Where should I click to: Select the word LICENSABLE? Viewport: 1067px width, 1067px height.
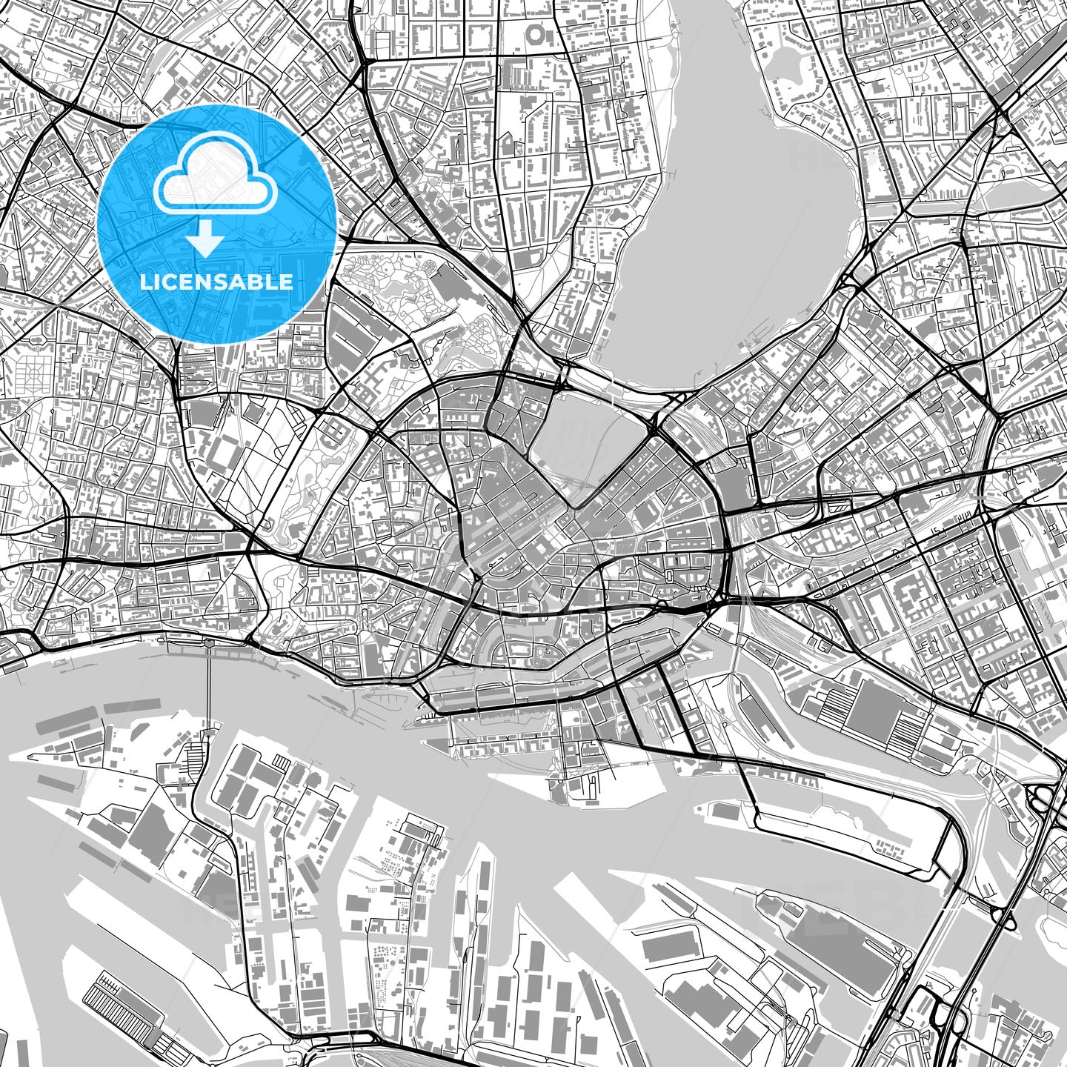coord(216,282)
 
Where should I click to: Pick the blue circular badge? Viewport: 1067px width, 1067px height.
coord(216,224)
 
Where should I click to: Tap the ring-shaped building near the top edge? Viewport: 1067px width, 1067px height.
coord(536,33)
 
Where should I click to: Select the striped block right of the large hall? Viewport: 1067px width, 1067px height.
coord(910,730)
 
